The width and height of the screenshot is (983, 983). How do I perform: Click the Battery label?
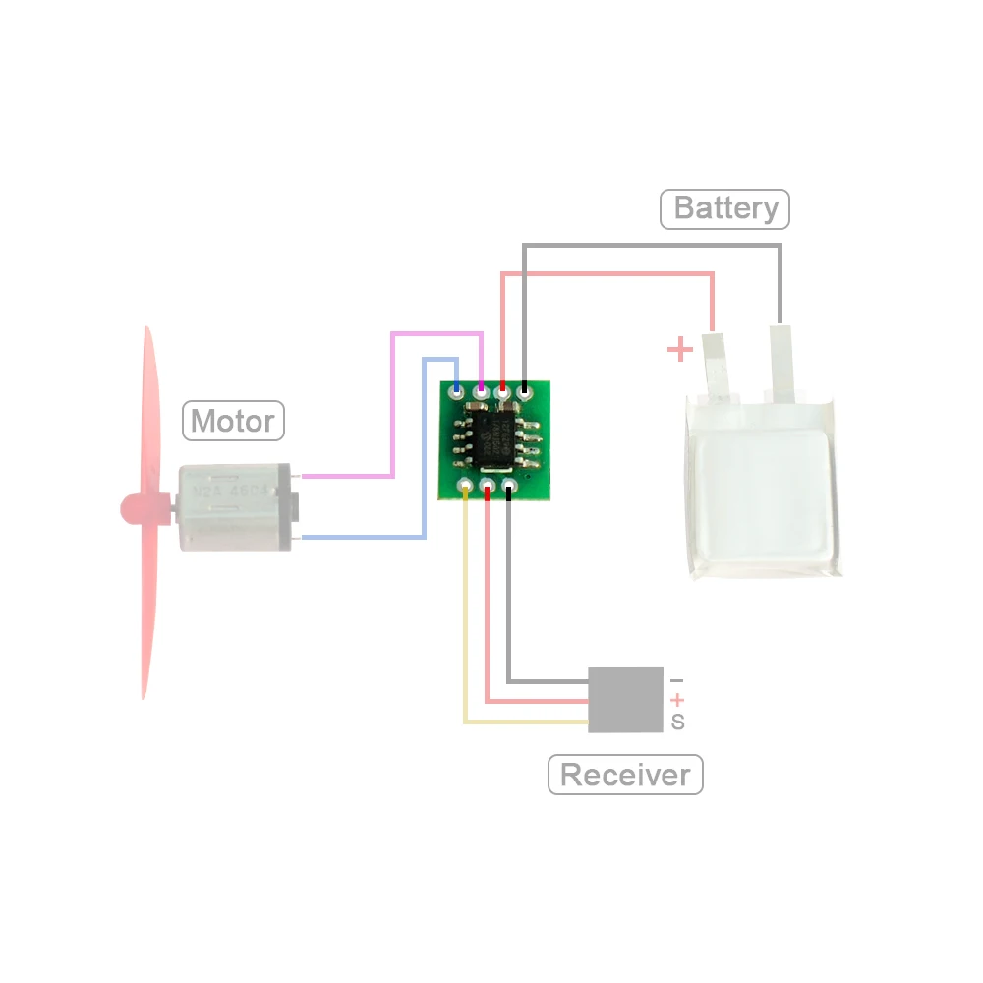tap(725, 209)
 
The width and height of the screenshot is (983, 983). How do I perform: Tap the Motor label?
tap(233, 421)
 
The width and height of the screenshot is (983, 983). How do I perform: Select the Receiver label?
tap(625, 775)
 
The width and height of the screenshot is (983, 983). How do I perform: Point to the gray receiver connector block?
tap(625, 699)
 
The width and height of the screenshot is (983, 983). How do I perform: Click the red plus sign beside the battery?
tap(679, 349)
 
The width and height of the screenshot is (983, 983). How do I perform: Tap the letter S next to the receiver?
tap(677, 723)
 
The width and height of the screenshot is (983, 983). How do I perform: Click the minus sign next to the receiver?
tap(676, 680)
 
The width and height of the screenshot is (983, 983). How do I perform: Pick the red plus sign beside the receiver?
tap(676, 700)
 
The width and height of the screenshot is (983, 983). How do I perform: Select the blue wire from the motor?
tap(424, 452)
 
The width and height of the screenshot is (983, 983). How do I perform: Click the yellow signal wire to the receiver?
tap(466, 629)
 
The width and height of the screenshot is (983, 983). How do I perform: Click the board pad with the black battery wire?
tap(526, 392)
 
